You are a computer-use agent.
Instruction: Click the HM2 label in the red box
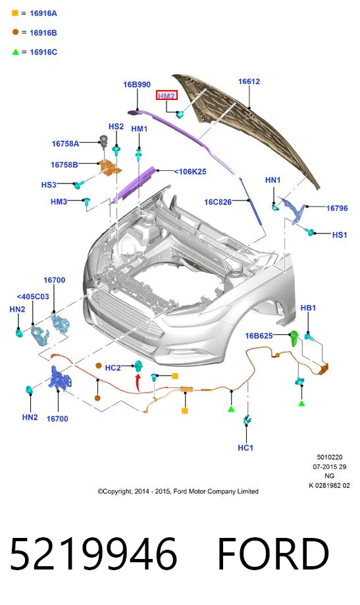[167, 95]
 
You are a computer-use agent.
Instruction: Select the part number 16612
[249, 82]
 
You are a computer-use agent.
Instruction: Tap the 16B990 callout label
[137, 84]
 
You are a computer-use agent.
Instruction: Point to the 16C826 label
[218, 202]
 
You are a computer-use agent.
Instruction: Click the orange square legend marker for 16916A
[15, 12]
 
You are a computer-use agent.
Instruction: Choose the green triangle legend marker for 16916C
[15, 52]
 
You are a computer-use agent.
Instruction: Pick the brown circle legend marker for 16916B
[15, 32]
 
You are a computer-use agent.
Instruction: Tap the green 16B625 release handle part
[294, 339]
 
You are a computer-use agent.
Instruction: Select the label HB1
[308, 308]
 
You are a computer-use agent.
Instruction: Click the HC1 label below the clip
[245, 448]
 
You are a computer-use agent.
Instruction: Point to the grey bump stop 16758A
[103, 141]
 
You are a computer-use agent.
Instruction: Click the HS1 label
[340, 235]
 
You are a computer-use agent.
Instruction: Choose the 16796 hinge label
[337, 208]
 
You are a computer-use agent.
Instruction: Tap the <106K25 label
[190, 172]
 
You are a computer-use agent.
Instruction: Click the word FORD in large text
[273, 554]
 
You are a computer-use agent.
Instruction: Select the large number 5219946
[93, 554]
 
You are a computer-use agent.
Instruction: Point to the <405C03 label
[33, 297]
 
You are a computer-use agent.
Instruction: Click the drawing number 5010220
[330, 457]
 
